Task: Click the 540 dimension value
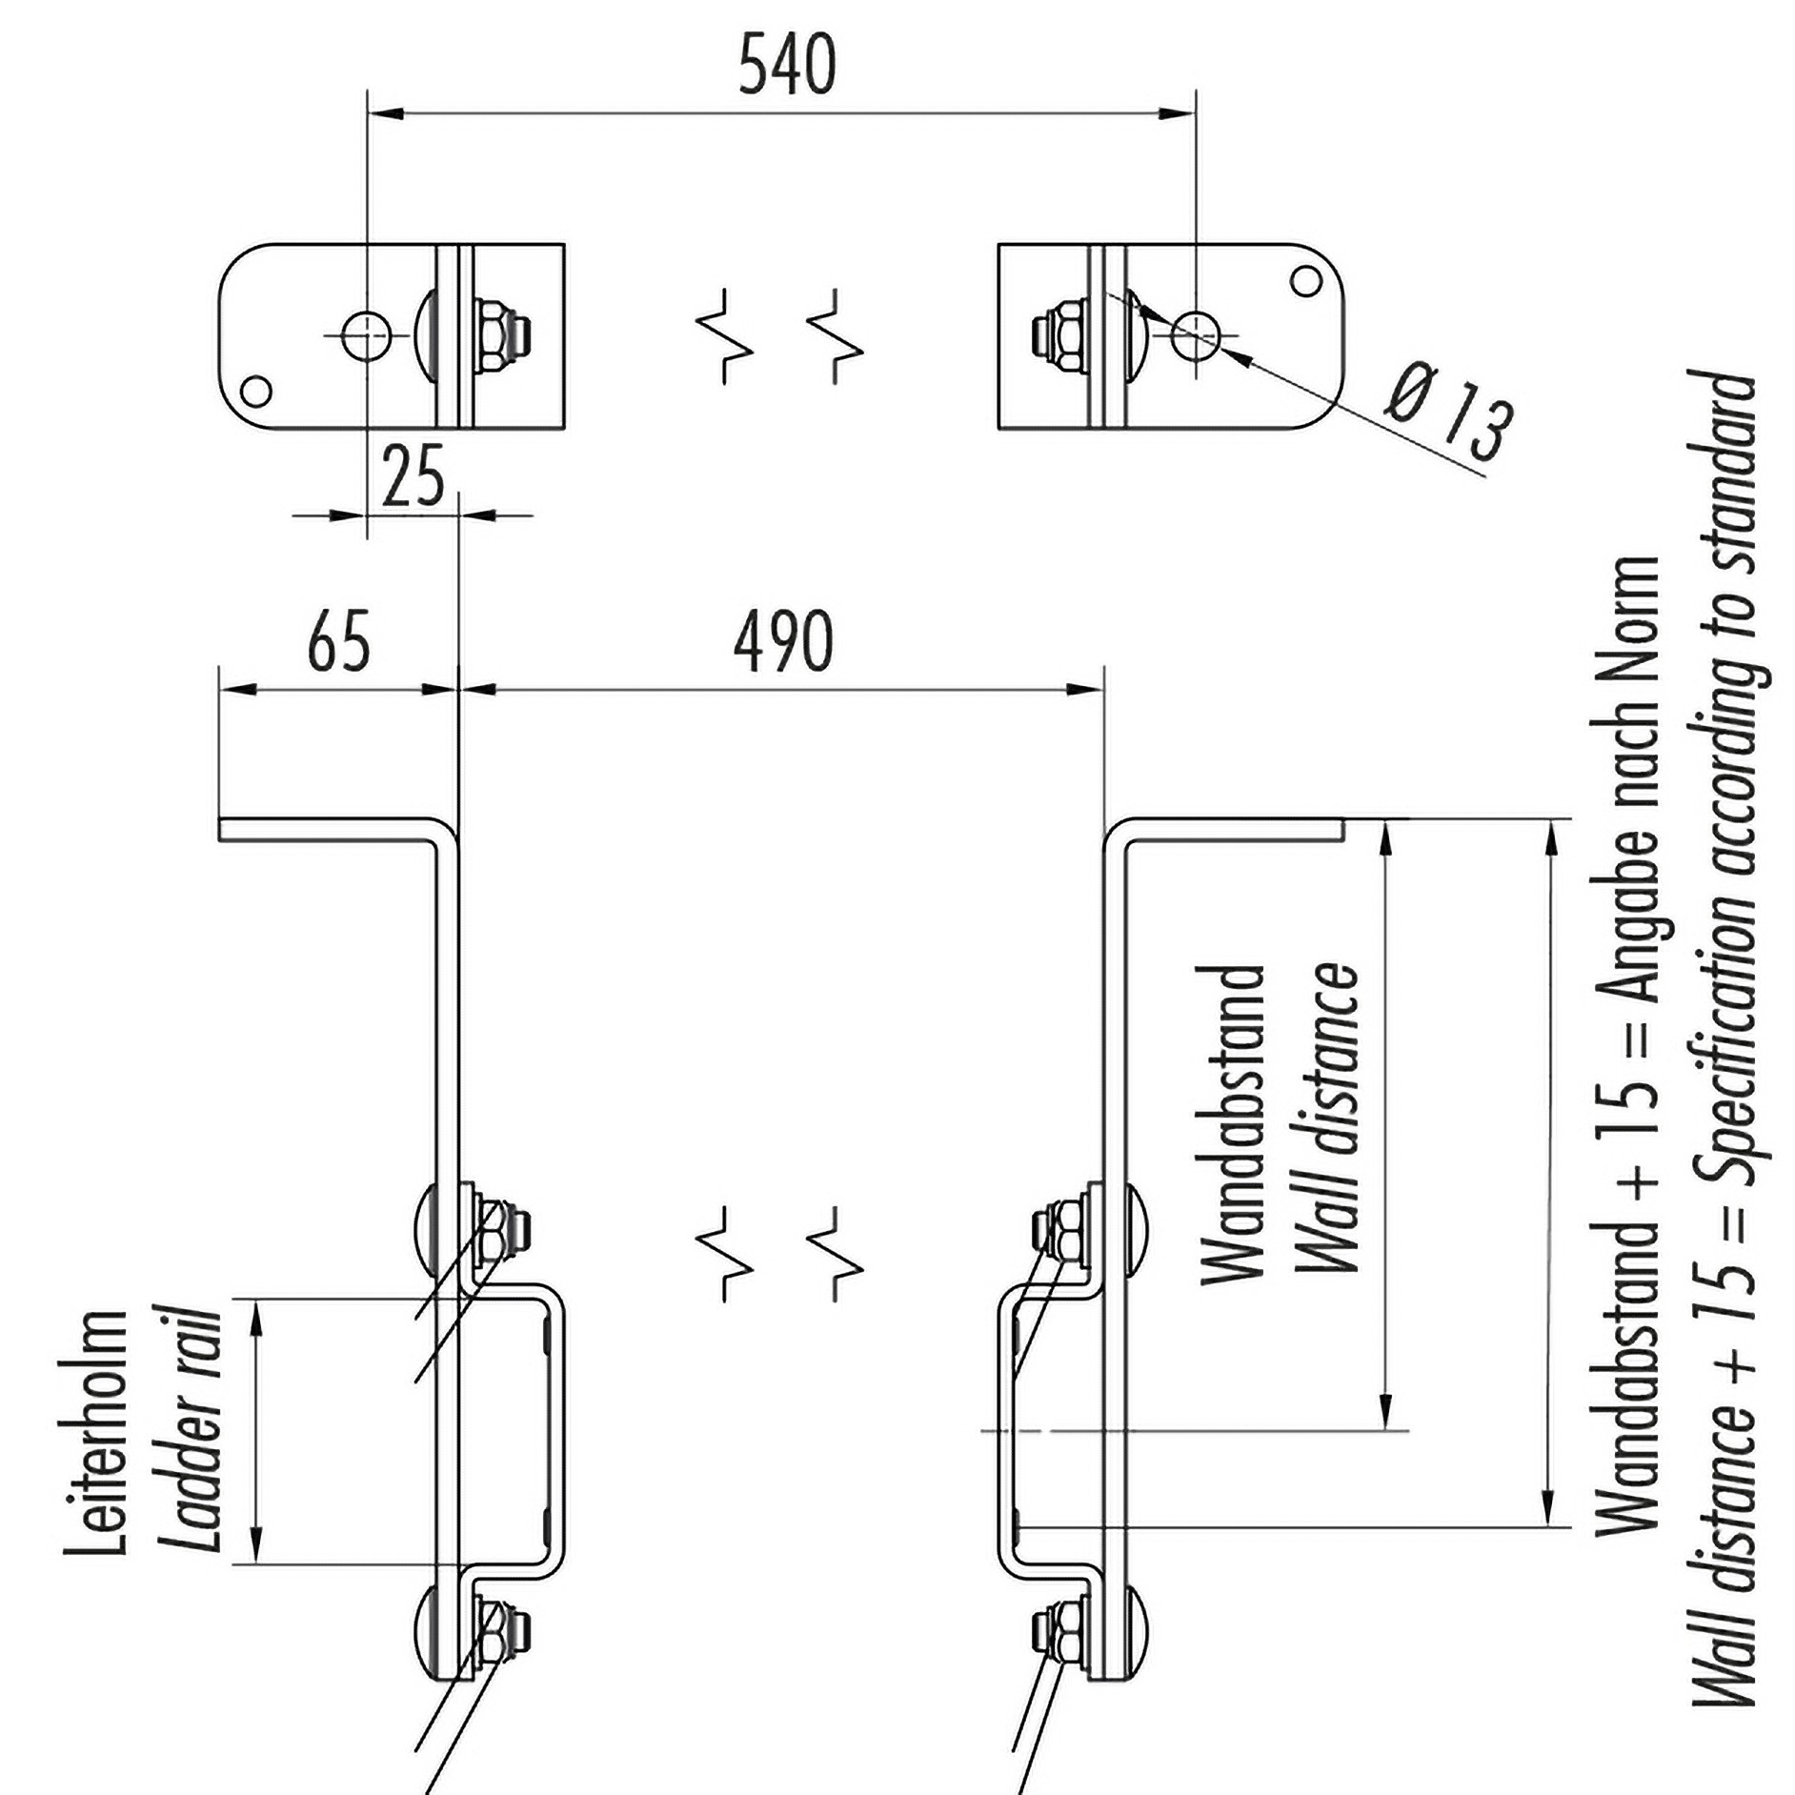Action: pyautogui.click(x=787, y=65)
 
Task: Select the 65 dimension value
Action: pyautogui.click(x=338, y=642)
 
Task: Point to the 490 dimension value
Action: pyautogui.click(x=783, y=642)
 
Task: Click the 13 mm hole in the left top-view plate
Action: pyautogui.click(x=367, y=335)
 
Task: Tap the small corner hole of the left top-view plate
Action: pyautogui.click(x=255, y=391)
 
